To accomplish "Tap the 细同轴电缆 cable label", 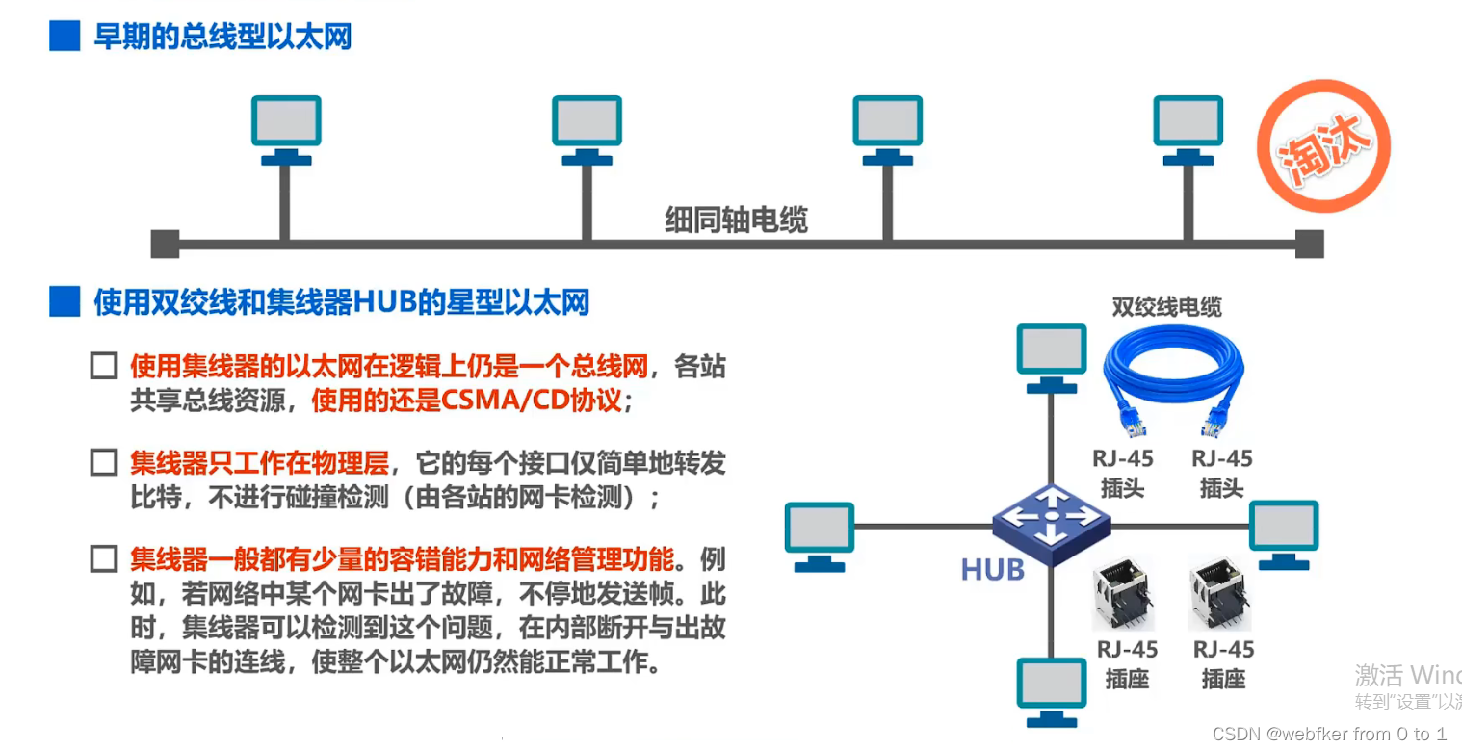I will pyautogui.click(x=736, y=220).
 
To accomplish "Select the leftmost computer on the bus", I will pyautogui.click(x=286, y=125).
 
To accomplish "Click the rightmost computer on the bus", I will pyautogui.click(x=1188, y=125).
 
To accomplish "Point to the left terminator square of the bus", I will pyautogui.click(x=165, y=244).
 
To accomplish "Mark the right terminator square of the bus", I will pyautogui.click(x=1309, y=244).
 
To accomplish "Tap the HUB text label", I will pyautogui.click(x=992, y=570).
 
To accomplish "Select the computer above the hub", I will pyautogui.click(x=1051, y=354).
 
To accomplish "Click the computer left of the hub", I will pyautogui.click(x=819, y=532).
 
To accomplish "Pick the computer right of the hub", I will pyautogui.click(x=1283, y=532).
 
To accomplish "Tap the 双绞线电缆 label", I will pyautogui.click(x=1166, y=307).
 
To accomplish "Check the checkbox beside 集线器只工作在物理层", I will pyautogui.click(x=103, y=463).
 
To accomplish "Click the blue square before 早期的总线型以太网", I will pyautogui.click(x=65, y=37).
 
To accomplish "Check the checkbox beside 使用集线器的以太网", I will pyautogui.click(x=103, y=367).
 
